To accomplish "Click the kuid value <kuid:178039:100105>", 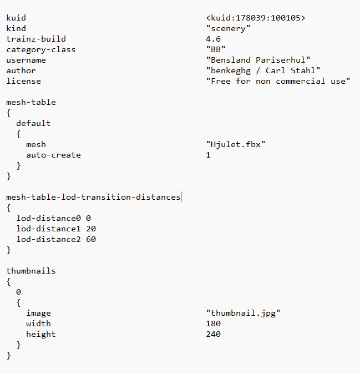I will [255, 18].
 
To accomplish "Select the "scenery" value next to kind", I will [227, 28].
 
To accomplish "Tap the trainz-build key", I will [36, 39].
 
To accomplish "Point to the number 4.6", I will [212, 39].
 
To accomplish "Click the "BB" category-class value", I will [215, 49].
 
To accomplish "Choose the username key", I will [26, 60].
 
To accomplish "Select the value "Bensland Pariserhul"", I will [257, 60].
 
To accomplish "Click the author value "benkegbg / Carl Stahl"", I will [262, 70].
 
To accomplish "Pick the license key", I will [23, 81].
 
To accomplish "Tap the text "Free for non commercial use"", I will [277, 81].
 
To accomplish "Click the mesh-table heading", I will [31, 102].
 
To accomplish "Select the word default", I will [33, 123].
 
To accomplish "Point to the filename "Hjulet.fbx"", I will [235, 144].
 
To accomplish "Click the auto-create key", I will [53, 155].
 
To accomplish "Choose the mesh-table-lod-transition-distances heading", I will [93, 197].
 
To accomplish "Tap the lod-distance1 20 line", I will [56, 229].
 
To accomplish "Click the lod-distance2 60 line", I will [56, 239].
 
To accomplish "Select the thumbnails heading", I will [31, 271].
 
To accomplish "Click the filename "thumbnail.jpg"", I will [242, 313].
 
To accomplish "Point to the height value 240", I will [212, 334].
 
